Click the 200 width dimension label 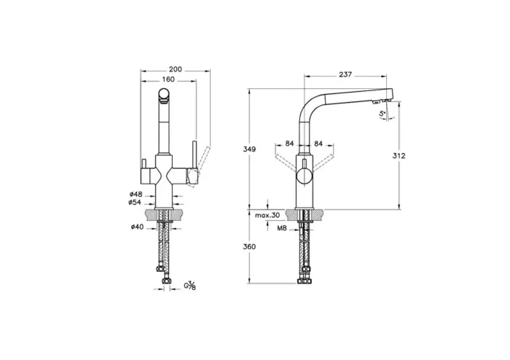pos(174,69)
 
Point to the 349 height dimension pos(249,149)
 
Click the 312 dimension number pos(398,156)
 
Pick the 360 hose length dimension pos(249,247)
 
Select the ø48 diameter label pos(135,194)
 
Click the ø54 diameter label pos(135,202)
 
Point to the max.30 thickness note pos(267,216)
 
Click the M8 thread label pos(281,228)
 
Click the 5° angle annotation pos(382,115)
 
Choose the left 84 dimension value pos(289,143)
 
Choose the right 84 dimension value pos(319,143)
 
